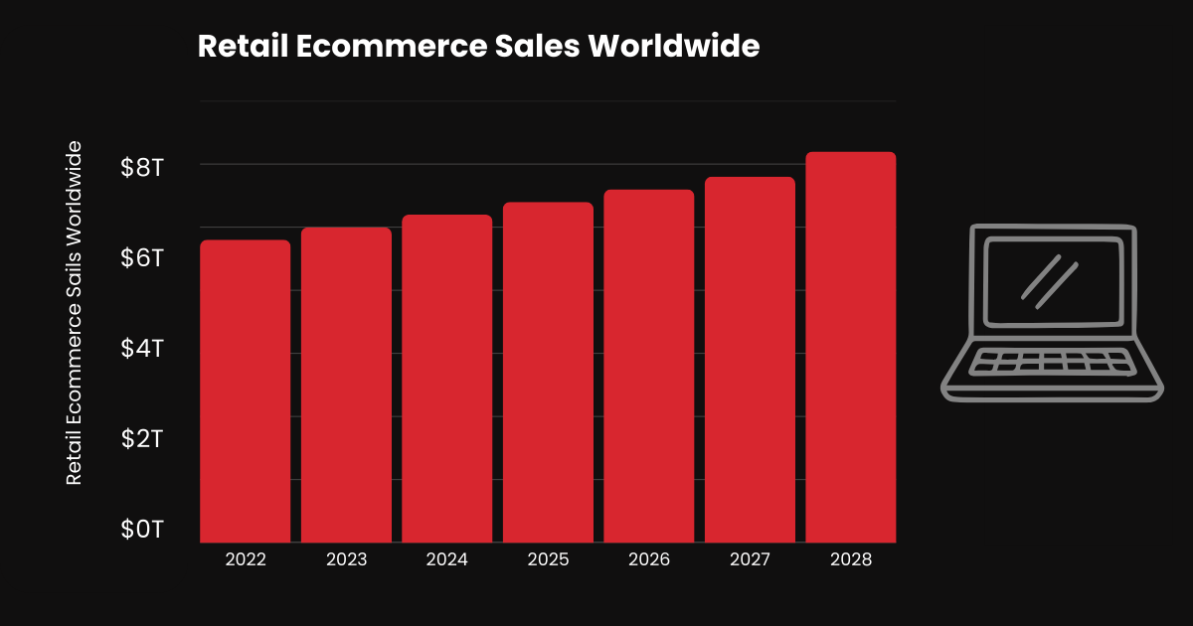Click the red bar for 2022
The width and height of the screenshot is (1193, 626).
click(245, 391)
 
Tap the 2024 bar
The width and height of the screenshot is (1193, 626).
click(446, 379)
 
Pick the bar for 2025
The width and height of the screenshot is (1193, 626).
click(548, 373)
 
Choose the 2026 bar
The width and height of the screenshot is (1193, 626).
click(648, 367)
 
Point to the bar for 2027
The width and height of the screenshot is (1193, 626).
click(750, 360)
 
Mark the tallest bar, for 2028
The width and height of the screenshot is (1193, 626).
click(850, 348)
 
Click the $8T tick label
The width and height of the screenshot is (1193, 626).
click(142, 167)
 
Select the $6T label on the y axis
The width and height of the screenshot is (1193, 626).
click(142, 258)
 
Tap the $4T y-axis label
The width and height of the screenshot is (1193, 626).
click(142, 349)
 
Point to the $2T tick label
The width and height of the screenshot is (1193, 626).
click(142, 439)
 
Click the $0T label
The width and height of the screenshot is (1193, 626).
click(142, 529)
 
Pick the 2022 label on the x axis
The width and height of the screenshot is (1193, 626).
click(245, 560)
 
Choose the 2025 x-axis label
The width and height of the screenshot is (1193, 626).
click(548, 560)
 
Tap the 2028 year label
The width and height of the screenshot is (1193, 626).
click(850, 560)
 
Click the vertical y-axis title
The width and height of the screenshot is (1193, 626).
click(74, 313)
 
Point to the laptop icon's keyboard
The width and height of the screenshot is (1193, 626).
click(1052, 362)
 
